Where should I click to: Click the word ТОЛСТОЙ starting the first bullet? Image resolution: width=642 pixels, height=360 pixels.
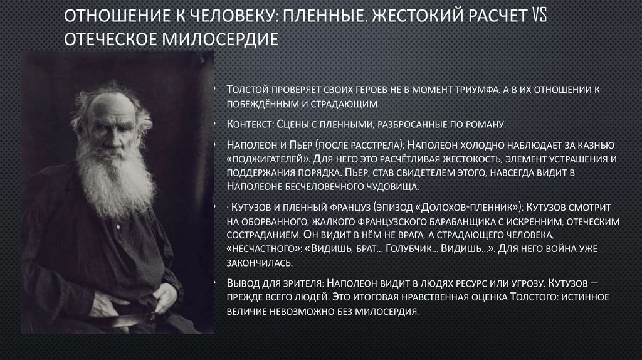tap(249, 90)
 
